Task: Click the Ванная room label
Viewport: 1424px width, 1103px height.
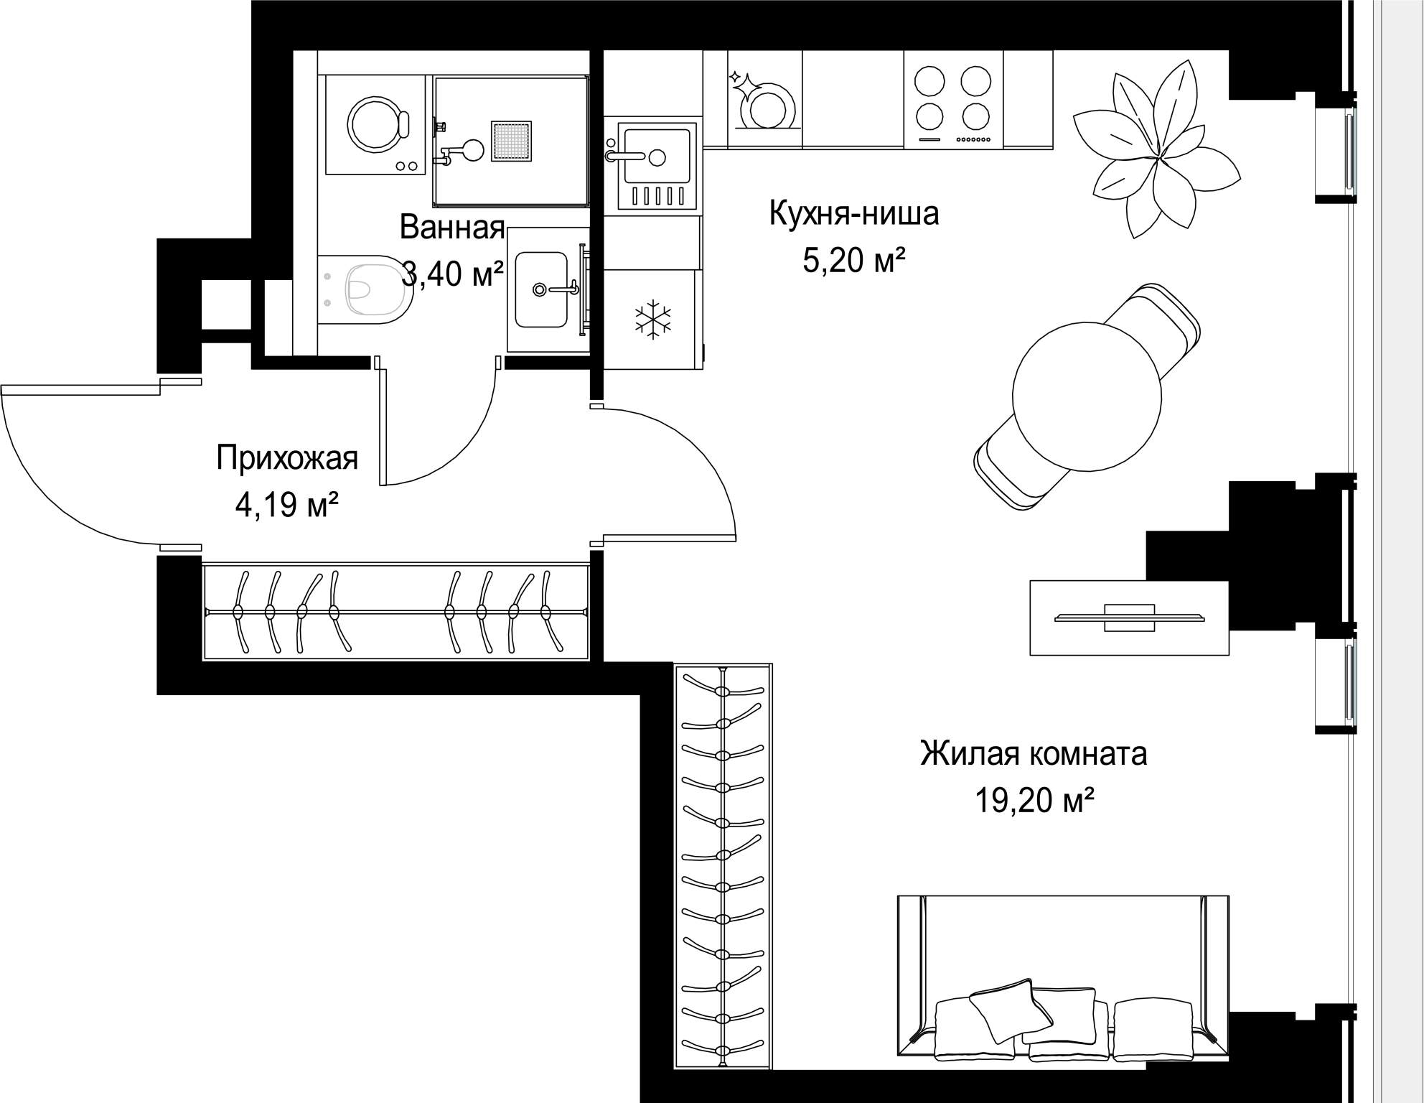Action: (452, 227)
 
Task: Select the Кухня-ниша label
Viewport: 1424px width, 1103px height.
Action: (854, 213)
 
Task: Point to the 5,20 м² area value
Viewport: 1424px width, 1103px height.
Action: (853, 260)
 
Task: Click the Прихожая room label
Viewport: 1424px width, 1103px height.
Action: (287, 457)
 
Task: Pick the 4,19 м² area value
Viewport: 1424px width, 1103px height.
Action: (286, 505)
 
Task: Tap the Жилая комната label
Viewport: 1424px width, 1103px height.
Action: (1034, 753)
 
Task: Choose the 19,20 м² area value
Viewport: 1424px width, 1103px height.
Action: (1034, 800)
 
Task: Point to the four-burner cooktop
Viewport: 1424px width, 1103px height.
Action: (954, 101)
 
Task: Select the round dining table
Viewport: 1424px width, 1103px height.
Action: (1087, 396)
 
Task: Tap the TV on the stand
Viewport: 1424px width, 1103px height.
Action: (1129, 617)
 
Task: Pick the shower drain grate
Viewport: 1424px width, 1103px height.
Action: (512, 141)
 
